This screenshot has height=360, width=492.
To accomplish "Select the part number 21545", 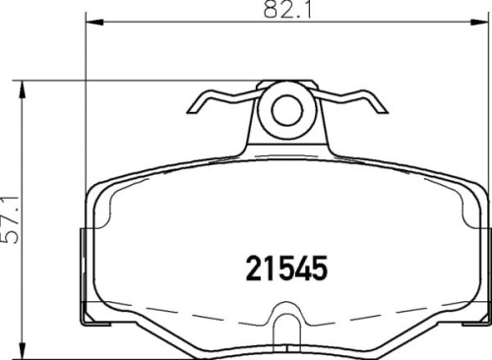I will [284, 267].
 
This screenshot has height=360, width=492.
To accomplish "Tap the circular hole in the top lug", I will [286, 109].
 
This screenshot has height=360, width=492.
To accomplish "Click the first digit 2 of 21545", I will [251, 267].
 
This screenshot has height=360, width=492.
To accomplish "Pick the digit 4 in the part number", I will [300, 267].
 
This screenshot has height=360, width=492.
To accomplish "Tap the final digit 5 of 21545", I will [317, 267].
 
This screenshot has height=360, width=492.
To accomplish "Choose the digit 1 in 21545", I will [267, 267].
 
